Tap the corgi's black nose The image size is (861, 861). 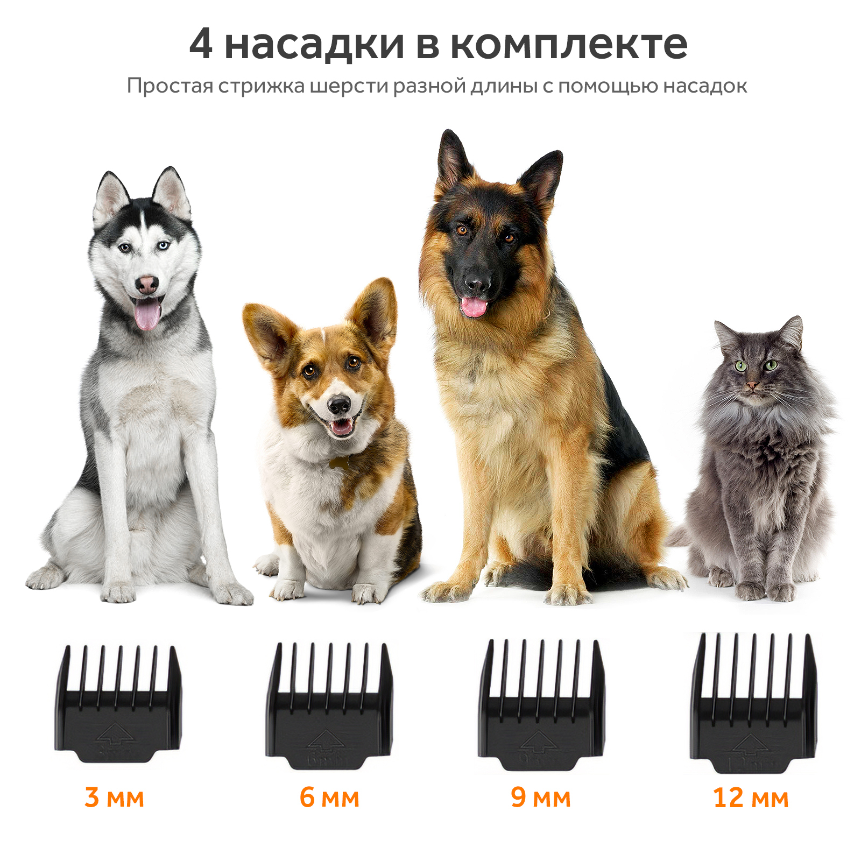339,405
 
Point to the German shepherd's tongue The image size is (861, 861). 474,307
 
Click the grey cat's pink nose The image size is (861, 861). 752,385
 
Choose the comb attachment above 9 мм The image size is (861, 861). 541,705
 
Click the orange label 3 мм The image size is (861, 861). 114,797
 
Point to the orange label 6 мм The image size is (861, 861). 329,797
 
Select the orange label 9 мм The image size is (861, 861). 541,797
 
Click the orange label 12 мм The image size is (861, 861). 751,797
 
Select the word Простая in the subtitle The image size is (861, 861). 170,86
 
